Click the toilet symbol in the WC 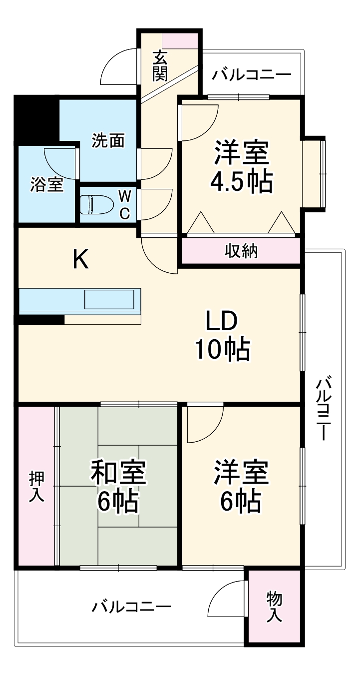[x=95, y=204]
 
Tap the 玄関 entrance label [x=160, y=65]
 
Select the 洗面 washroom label [x=107, y=141]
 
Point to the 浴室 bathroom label [x=46, y=184]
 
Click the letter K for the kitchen [x=81, y=259]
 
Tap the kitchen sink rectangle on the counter [x=109, y=300]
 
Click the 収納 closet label [x=240, y=251]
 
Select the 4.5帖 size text [x=241, y=182]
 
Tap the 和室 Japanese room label [x=118, y=472]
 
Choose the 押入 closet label [x=36, y=486]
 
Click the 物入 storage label [x=274, y=607]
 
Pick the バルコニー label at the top [x=251, y=75]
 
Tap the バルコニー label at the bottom [x=131, y=607]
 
